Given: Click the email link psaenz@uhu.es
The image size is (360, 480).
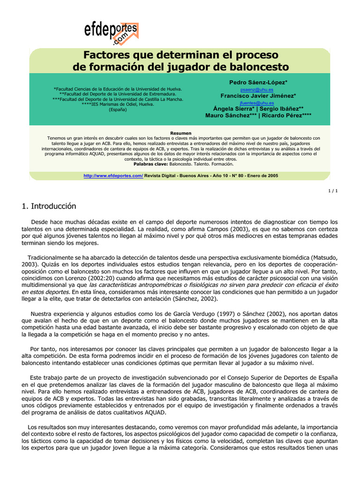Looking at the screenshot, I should coord(257,89).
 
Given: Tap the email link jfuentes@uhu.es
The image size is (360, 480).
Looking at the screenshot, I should coord(257,102).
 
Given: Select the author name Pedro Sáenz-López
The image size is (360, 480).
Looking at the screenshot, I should coord(258,82).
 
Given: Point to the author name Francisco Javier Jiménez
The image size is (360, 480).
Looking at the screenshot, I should coord(258,96).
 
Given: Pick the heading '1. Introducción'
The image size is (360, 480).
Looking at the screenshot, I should coord(49,206).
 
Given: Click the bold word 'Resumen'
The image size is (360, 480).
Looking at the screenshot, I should coord(180,133).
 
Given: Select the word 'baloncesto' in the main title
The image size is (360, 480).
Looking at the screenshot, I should coord(256,67).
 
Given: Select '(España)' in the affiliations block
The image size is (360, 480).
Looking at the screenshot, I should coord(118,109).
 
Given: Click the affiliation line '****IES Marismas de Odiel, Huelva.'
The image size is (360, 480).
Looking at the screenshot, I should coord(118,104).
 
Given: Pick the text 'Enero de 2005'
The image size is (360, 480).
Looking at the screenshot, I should coord(263,175).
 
